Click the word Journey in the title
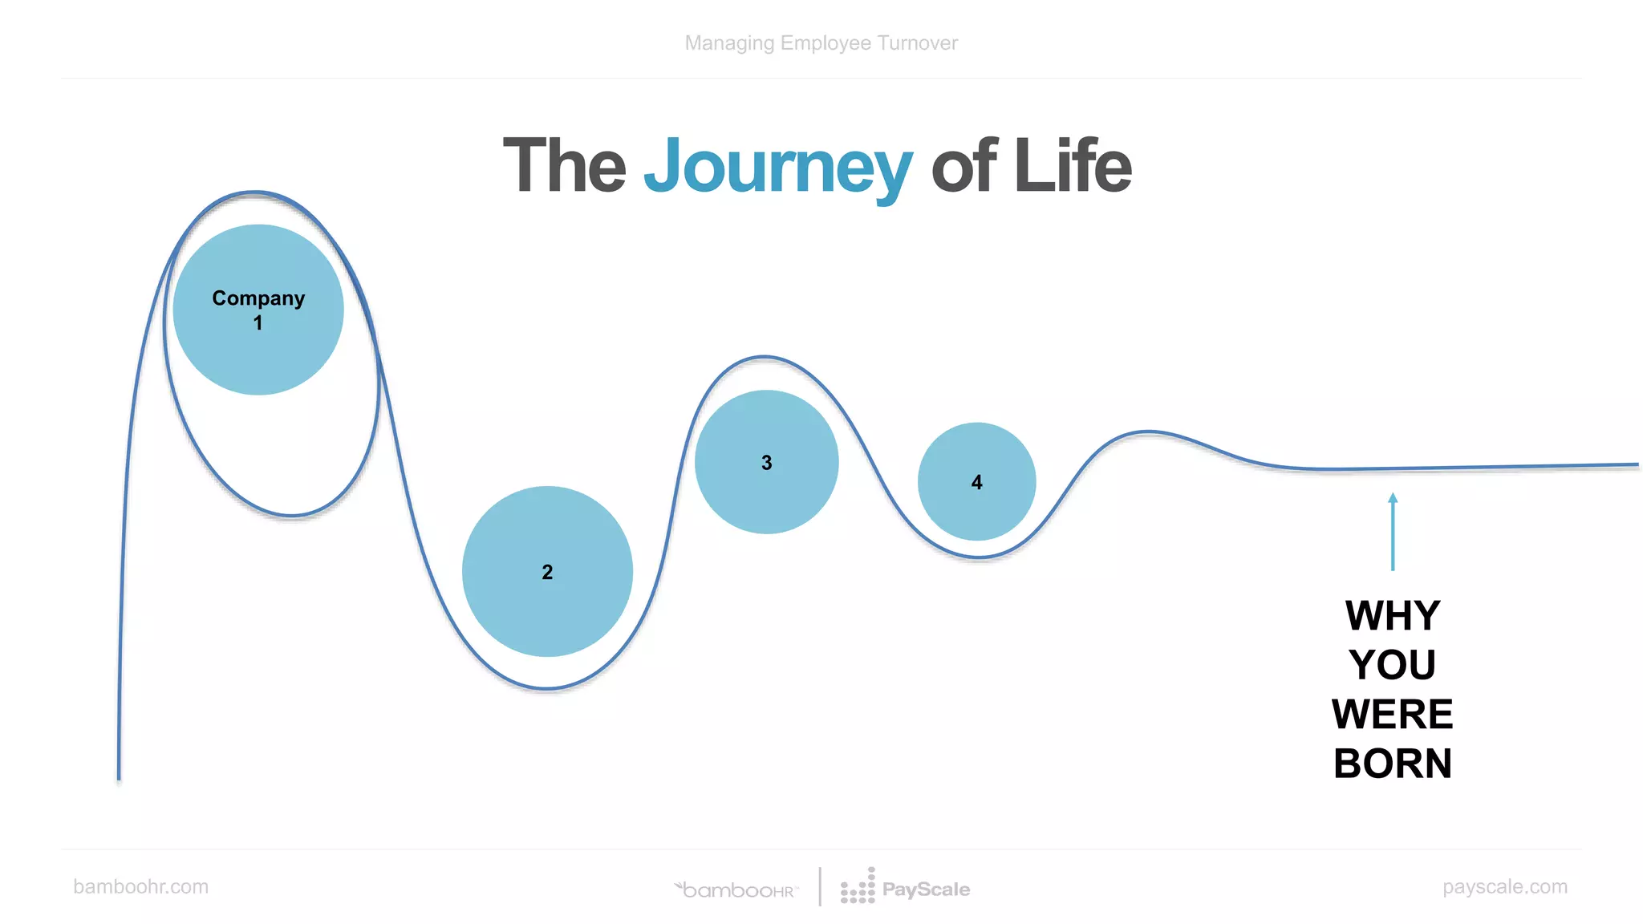click(x=777, y=167)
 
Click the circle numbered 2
click(x=547, y=571)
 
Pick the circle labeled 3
click(x=766, y=462)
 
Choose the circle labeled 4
click(x=976, y=481)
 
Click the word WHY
click(x=1393, y=616)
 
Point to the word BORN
click(x=1393, y=763)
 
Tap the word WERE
click(x=1393, y=714)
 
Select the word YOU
click(x=1393, y=665)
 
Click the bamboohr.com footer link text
click(x=140, y=886)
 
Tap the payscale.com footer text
click(x=1504, y=886)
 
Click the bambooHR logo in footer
click(x=736, y=890)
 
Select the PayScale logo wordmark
click(x=926, y=890)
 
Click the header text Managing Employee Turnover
click(x=821, y=43)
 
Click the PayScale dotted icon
click(x=858, y=887)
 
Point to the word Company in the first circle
click(x=258, y=298)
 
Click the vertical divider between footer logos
click(x=820, y=886)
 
